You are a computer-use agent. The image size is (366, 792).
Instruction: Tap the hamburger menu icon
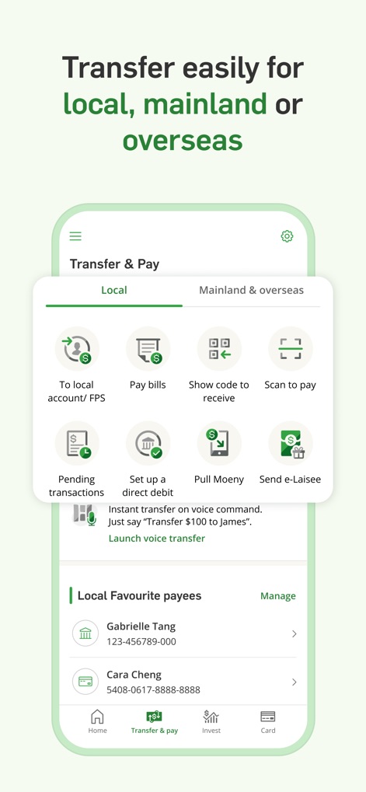(75, 236)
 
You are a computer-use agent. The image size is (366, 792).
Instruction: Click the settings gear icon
(287, 236)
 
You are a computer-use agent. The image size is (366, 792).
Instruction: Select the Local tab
(114, 290)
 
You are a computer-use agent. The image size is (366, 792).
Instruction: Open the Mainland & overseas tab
(251, 290)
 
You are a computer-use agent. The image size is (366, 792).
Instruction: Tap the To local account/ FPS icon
(77, 349)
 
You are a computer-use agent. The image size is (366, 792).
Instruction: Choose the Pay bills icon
(148, 349)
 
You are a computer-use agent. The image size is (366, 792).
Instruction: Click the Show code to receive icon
(219, 349)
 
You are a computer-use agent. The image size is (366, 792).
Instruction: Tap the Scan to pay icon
(290, 349)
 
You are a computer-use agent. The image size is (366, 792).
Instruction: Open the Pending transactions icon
(77, 444)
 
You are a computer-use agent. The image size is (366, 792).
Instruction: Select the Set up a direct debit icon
(148, 444)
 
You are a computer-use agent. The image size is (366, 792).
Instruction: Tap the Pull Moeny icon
(219, 444)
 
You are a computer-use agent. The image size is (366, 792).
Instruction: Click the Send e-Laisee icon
(290, 444)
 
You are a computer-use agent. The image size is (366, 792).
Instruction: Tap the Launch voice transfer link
(157, 538)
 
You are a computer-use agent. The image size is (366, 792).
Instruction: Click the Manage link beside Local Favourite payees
(277, 596)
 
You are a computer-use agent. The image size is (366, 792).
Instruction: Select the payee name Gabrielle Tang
(141, 626)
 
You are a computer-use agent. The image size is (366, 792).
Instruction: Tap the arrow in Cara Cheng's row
(294, 682)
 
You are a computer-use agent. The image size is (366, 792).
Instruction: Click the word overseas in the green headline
(183, 141)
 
